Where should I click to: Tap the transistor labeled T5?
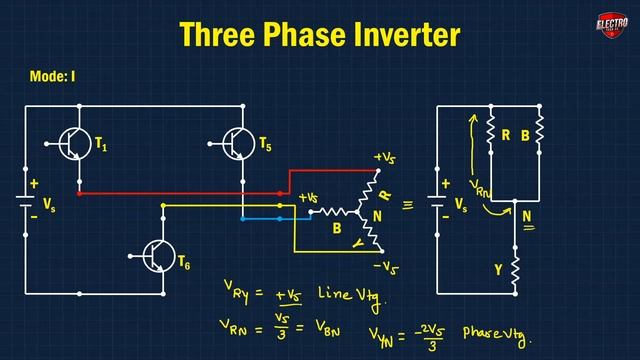237,144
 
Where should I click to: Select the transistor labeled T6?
156,257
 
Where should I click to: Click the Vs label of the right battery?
461,204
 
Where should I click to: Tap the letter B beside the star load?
336,228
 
